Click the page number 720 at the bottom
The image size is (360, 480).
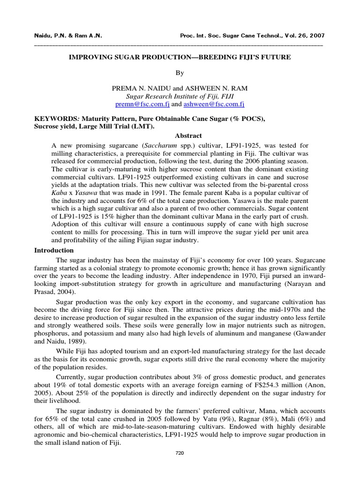click(180, 453)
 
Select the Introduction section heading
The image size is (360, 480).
click(54, 250)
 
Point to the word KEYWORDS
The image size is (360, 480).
click(53, 119)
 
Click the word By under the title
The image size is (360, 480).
click(180, 73)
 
